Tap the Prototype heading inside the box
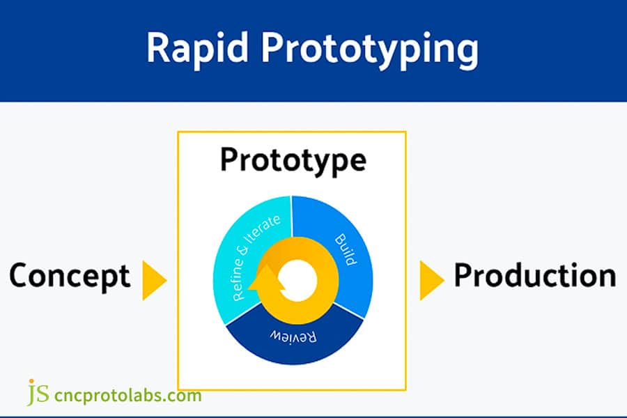(293, 160)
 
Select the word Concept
(70, 276)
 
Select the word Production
(534, 276)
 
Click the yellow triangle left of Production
(431, 280)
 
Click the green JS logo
(38, 393)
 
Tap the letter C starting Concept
(21, 276)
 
